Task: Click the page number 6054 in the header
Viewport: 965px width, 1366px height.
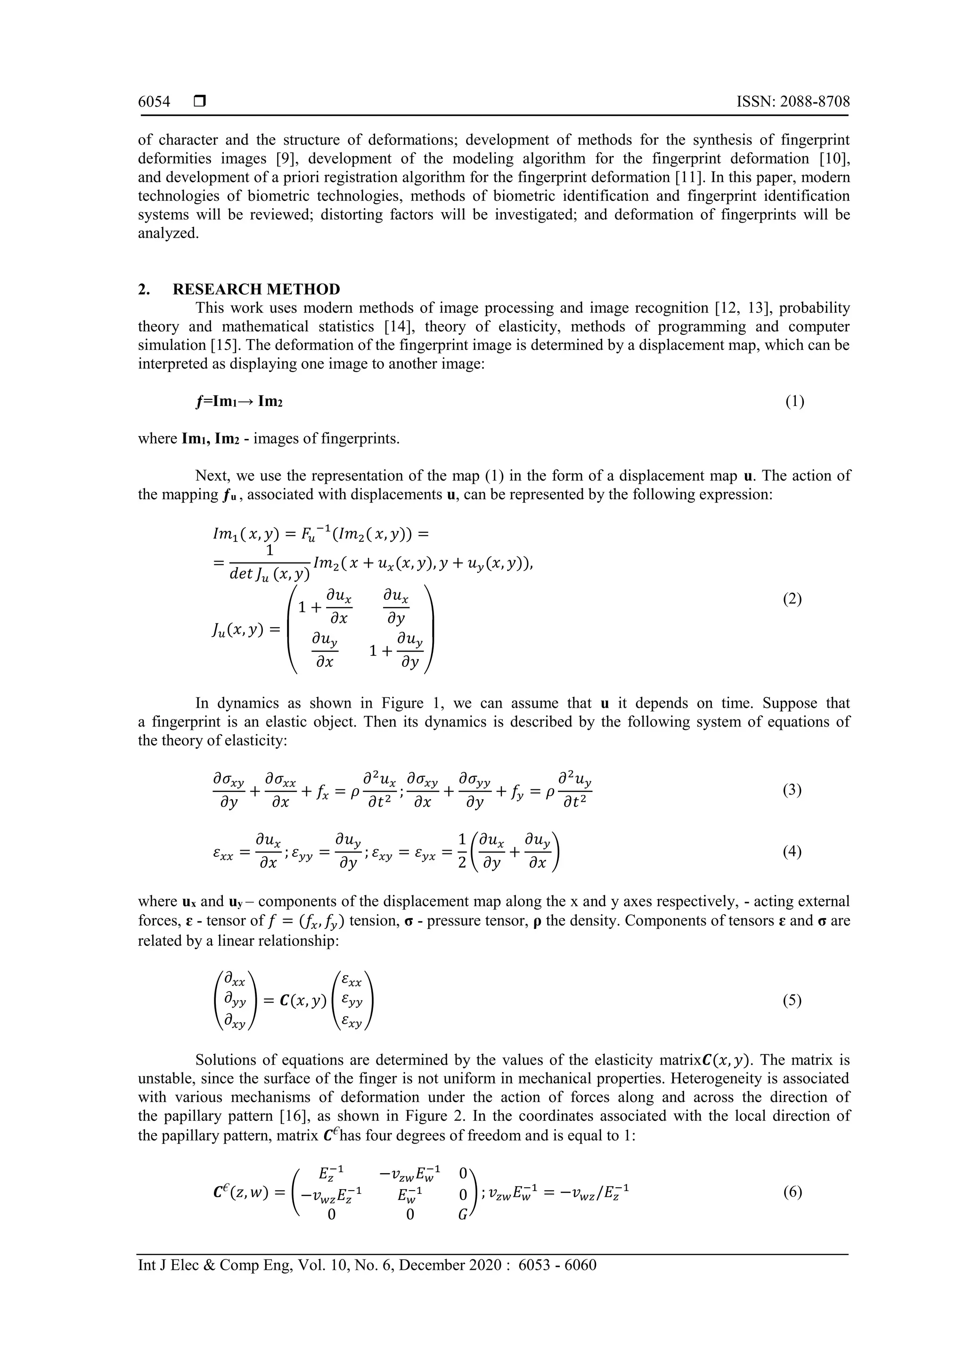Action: click(x=154, y=102)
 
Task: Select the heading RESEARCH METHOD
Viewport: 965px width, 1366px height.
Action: click(x=256, y=290)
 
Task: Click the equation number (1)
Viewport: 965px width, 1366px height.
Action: click(x=794, y=402)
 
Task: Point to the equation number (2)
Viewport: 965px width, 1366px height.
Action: click(x=792, y=599)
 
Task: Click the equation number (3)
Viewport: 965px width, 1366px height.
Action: click(x=792, y=791)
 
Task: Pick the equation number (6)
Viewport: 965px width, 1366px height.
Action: click(x=792, y=1192)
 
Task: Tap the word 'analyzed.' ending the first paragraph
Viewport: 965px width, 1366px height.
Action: click(x=168, y=234)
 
